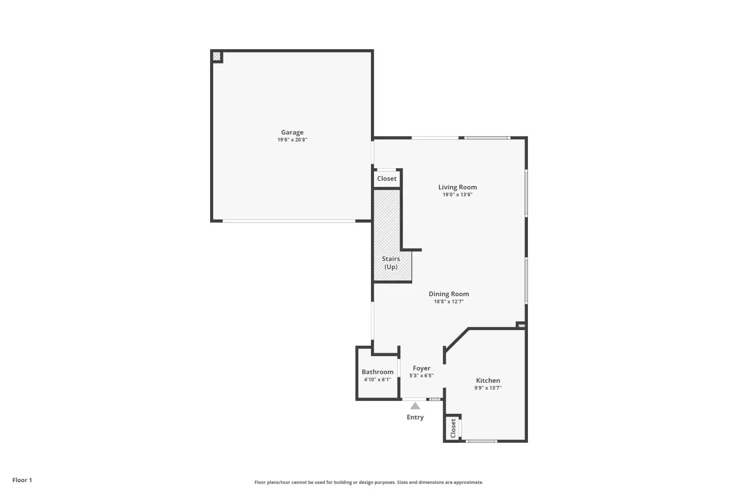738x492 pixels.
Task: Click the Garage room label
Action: [292, 132]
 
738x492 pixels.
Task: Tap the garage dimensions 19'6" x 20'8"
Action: [292, 140]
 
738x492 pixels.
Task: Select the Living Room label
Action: [457, 187]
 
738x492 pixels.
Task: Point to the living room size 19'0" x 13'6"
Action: [457, 194]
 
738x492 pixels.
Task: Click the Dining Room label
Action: [449, 294]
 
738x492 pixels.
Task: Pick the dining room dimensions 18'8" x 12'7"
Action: [449, 302]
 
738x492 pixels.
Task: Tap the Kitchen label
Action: [488, 380]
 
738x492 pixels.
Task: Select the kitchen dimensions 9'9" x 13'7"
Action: [488, 388]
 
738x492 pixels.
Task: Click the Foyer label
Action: [421, 369]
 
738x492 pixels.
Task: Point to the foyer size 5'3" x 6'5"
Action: [421, 376]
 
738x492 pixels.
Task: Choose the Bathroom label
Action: [377, 372]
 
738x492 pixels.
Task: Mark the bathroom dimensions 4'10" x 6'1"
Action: [377, 380]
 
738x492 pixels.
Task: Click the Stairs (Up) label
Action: [391, 263]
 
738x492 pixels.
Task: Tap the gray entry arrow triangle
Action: [415, 406]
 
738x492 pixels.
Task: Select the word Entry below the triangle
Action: [415, 417]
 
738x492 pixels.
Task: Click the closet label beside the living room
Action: [386, 179]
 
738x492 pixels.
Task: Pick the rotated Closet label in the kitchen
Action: [453, 428]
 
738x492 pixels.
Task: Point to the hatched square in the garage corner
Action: [216, 57]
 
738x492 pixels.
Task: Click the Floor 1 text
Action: [22, 480]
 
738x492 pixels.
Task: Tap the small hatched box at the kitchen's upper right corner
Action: [522, 326]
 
